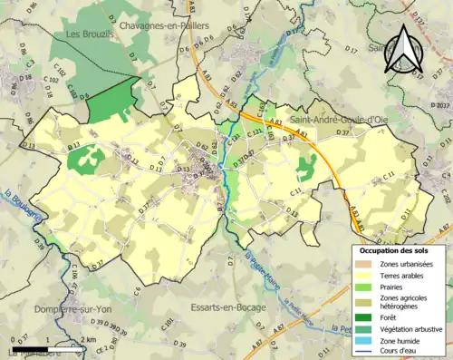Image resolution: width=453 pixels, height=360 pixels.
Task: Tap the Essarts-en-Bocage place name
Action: (226, 307)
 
